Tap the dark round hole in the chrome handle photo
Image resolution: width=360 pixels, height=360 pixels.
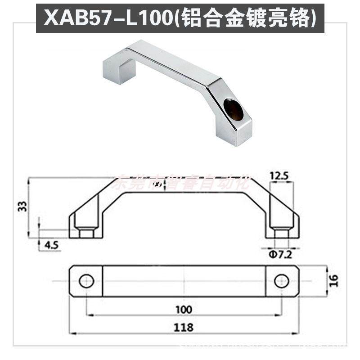tap(233, 110)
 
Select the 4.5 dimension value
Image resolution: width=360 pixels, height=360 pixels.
tap(52, 245)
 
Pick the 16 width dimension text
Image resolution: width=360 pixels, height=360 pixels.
tap(333, 281)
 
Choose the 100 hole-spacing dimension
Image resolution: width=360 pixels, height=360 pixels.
tap(184, 309)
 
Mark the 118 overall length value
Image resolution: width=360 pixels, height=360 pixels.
tap(184, 327)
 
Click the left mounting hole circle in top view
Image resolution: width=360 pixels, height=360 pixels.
tap(86, 281)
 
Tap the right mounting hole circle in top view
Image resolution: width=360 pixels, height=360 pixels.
tap(281, 281)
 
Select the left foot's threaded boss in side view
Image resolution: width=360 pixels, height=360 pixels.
tap(86, 234)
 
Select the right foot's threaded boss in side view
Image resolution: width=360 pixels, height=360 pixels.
tap(281, 234)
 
